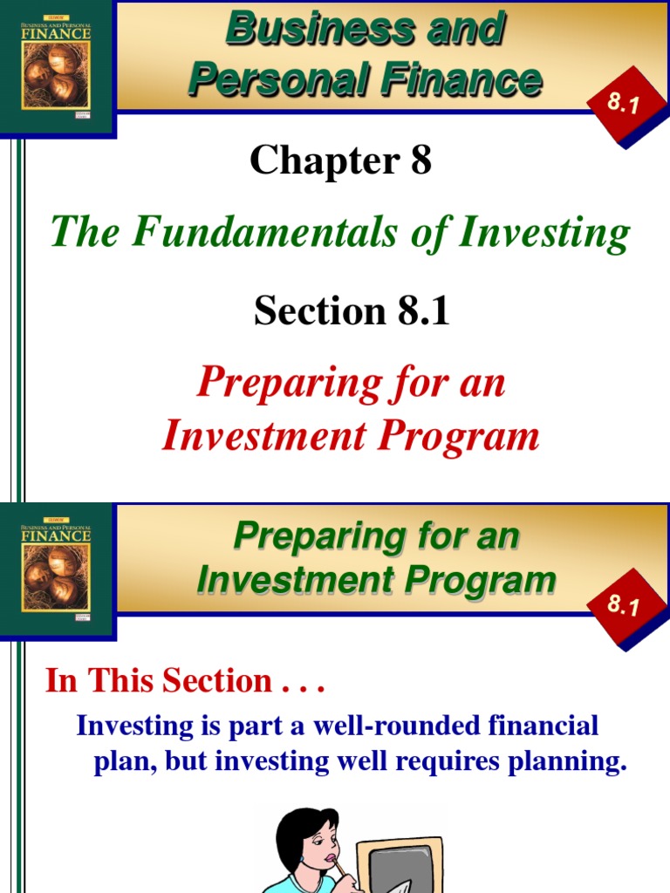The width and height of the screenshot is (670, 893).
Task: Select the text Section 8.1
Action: (352, 311)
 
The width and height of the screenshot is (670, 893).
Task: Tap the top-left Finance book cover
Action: (56, 66)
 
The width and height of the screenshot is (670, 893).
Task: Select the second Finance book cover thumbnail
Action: (56, 571)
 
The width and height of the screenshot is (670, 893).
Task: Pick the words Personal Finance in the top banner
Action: (365, 80)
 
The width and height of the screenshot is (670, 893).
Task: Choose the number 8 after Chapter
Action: (420, 160)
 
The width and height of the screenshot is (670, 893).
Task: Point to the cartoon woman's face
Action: (322, 844)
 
